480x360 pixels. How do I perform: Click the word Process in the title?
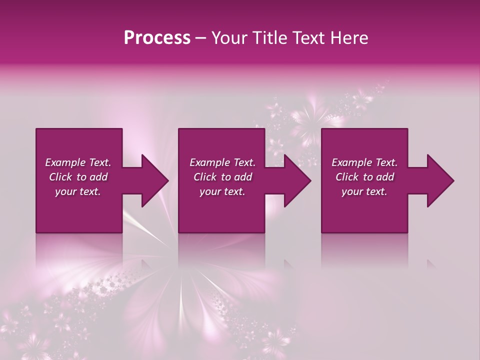[x=157, y=38]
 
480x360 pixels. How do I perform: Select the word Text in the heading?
[x=307, y=38]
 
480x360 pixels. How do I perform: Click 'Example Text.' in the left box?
[x=78, y=162]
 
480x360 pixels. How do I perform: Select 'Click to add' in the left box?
[x=78, y=177]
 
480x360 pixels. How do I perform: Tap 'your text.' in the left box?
[x=78, y=191]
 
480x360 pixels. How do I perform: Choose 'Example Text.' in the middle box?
[x=222, y=162]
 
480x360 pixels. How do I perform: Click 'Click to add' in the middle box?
[x=222, y=177]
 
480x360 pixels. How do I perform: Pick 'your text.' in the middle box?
[x=222, y=191]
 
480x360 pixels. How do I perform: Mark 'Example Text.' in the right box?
[x=364, y=162]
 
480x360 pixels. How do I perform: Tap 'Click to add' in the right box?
[x=364, y=177]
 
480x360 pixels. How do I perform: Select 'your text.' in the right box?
[x=364, y=191]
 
